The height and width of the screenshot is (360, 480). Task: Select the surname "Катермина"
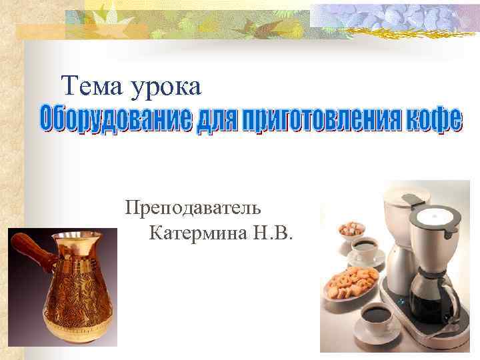pyautogui.click(x=197, y=234)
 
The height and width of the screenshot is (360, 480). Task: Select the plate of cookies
pyautogui.click(x=350, y=280)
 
